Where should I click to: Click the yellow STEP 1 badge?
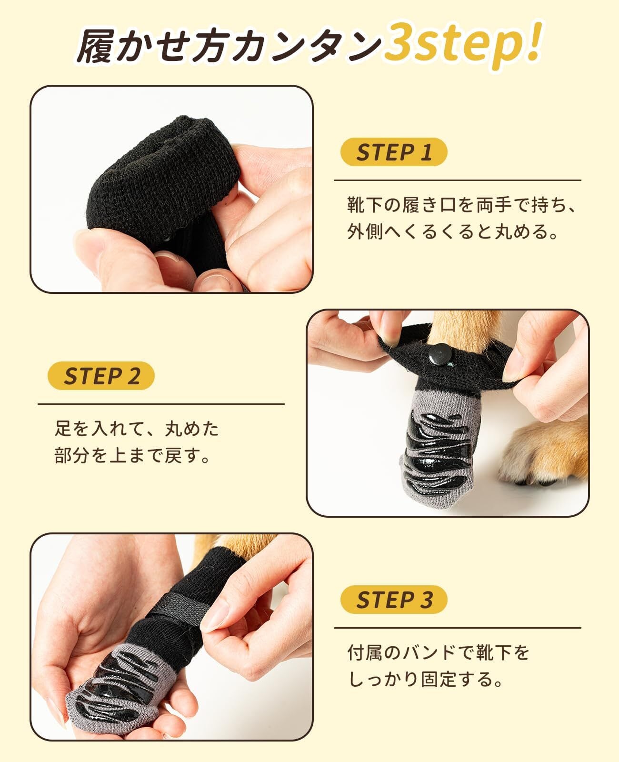click(394, 151)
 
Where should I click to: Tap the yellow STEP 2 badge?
click(101, 376)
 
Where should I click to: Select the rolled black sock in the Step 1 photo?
click(163, 186)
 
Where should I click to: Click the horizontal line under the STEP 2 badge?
click(161, 404)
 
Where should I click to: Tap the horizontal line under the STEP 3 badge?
click(458, 628)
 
